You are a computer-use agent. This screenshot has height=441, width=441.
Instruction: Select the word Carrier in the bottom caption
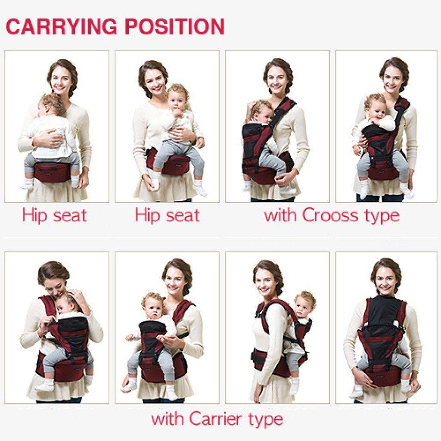coord(218,419)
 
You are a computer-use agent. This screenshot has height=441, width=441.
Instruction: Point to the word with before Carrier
coord(168,419)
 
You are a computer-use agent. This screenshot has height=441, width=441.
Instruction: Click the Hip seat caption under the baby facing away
coord(54,215)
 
